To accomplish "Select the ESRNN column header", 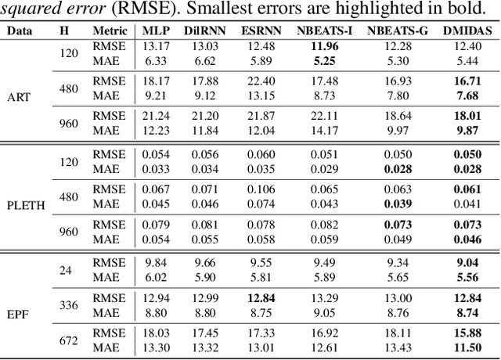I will point(259,31).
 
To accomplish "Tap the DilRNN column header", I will point(205,31).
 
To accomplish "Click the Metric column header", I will point(108,31).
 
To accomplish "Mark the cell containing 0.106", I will point(259,190).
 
